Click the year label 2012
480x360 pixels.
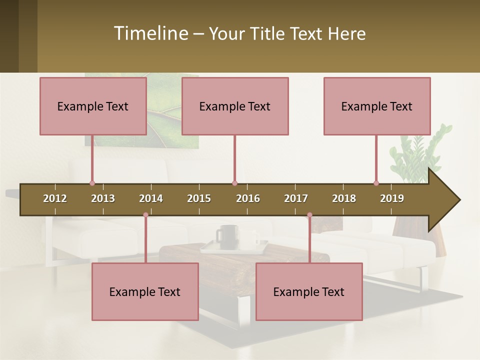pos(55,198)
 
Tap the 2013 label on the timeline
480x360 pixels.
pos(103,198)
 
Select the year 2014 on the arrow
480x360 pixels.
pos(151,198)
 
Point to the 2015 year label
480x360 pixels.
pos(199,198)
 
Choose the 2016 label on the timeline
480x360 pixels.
pos(248,198)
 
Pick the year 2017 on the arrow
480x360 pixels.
pos(296,198)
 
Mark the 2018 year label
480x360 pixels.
pos(344,198)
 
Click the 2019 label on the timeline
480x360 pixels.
pos(392,198)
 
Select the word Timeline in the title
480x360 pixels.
pos(150,33)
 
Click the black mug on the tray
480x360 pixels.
pos(227,235)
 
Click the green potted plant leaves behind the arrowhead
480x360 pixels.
pos(415,155)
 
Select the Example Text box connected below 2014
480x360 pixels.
pos(145,291)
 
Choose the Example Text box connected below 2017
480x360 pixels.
pos(309,291)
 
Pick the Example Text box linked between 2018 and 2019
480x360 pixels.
pos(377,106)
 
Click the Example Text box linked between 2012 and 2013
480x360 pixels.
pos(93,106)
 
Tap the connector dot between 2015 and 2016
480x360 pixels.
pos(234,183)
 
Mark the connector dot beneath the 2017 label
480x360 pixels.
pos(309,215)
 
